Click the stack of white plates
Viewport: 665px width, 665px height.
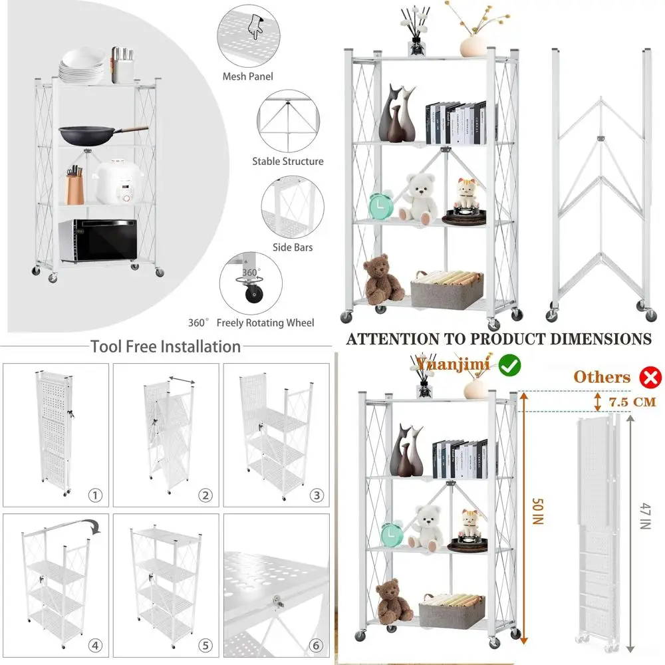point(82,66)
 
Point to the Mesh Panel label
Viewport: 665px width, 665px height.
point(248,76)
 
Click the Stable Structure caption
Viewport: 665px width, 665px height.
point(287,161)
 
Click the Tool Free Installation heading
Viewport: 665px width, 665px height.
point(166,346)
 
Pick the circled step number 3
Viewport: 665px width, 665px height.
point(317,495)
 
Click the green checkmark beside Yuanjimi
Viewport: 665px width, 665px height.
point(509,364)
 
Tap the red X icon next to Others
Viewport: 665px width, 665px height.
point(650,378)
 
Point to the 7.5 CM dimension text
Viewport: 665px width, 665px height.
point(632,402)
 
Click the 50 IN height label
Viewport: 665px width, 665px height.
point(538,512)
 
